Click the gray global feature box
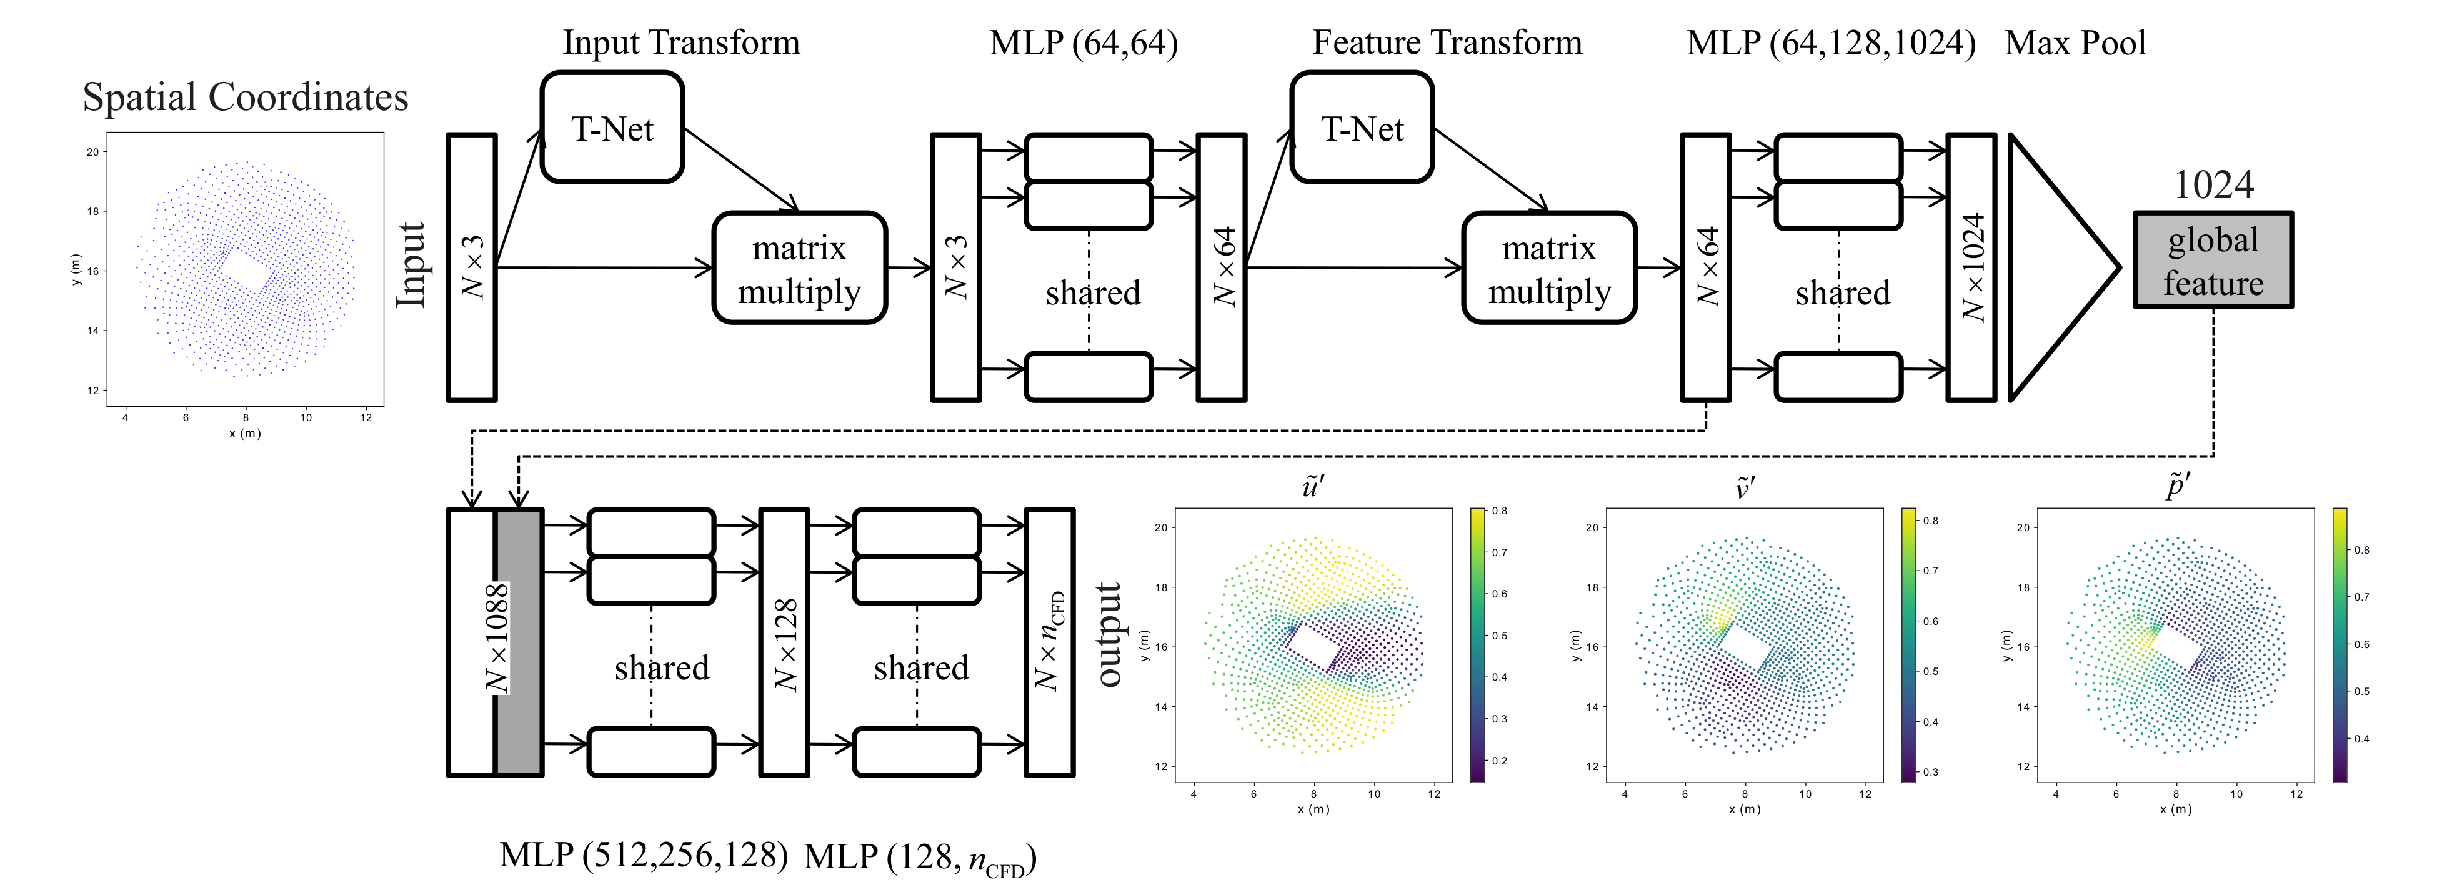click(x=2212, y=260)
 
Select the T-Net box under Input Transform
click(x=612, y=127)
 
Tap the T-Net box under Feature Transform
click(x=1362, y=127)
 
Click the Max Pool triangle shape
click(x=2053, y=267)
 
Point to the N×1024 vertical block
click(x=1971, y=267)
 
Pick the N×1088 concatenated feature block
click(x=496, y=642)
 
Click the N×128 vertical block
click(x=784, y=642)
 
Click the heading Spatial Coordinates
click(x=245, y=96)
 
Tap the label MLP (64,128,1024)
click(x=1831, y=42)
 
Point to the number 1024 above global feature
click(x=2213, y=184)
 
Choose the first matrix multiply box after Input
click(x=799, y=268)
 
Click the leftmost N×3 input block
click(x=471, y=267)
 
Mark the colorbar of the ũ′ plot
click(x=1477, y=644)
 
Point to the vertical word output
click(x=1109, y=634)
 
